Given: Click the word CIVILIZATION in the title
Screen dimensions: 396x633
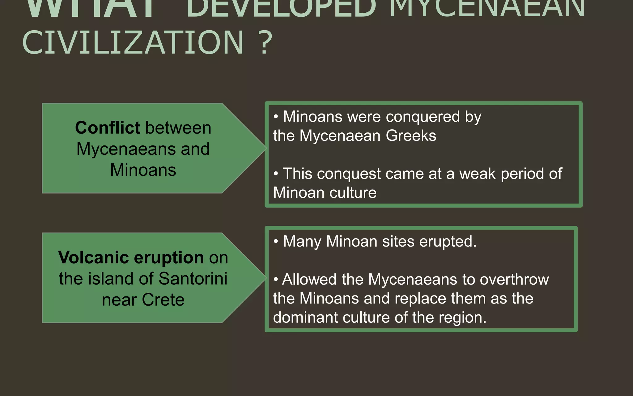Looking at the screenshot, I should (x=133, y=43).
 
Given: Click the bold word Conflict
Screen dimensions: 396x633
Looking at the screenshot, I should (x=108, y=127).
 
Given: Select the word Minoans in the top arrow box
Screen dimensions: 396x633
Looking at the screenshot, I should (x=143, y=170).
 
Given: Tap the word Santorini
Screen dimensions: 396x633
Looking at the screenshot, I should (x=193, y=278).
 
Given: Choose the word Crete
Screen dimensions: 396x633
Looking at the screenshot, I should (x=163, y=299).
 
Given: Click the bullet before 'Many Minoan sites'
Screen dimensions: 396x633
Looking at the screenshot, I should (x=276, y=241).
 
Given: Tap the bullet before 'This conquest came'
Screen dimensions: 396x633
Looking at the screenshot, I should (x=276, y=174).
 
